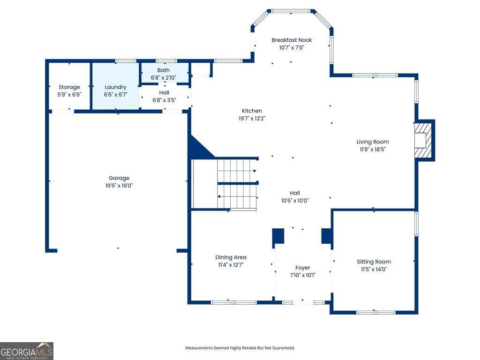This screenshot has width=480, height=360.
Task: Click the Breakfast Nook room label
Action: coord(292,40)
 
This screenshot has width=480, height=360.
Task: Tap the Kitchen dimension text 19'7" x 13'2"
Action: coord(252,119)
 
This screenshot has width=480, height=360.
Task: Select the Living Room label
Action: coord(373,142)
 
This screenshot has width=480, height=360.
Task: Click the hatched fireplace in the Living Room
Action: coord(423,140)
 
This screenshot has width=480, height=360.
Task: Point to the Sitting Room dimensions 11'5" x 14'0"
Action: coord(374,269)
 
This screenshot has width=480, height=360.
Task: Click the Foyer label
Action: coord(302,268)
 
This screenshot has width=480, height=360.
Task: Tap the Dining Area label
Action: coord(231,257)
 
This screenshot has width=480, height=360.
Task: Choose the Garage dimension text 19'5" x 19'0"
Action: coord(119,186)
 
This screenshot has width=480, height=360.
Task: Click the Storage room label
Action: coord(69,87)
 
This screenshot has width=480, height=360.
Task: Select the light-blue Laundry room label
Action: coord(115,87)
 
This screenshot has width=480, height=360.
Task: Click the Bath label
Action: coord(164,70)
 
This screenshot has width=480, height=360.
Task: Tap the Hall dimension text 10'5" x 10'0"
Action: coord(295,201)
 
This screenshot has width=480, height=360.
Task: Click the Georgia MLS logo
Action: coord(27,351)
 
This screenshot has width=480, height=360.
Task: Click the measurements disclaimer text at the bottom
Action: coord(240,348)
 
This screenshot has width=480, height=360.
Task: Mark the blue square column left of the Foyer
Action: coord(278,236)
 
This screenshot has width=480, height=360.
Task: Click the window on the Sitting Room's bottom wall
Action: coord(376,312)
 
